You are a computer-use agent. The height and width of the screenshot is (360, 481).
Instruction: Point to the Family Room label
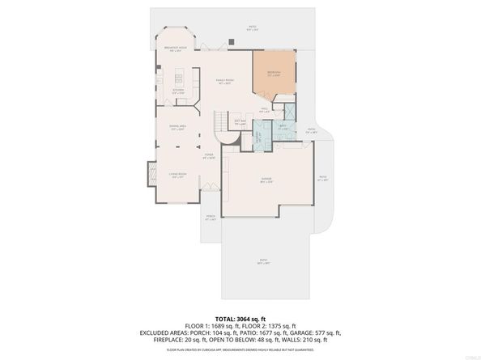224,81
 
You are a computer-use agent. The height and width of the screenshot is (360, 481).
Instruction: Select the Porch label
211,218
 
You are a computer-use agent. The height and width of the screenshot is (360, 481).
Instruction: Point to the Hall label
264,111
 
